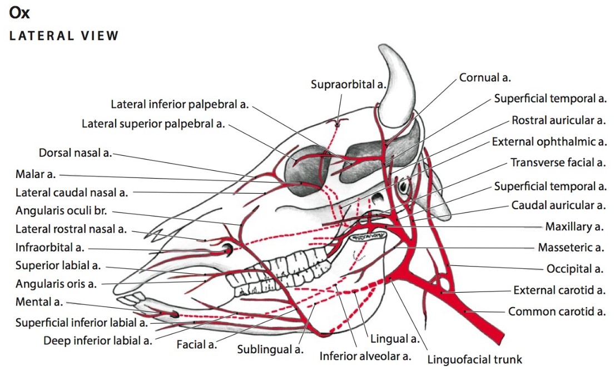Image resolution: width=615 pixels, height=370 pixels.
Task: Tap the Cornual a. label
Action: point(485,78)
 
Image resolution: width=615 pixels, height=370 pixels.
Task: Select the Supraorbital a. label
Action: point(348,84)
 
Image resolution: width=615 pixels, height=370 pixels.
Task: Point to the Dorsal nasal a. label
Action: point(75,152)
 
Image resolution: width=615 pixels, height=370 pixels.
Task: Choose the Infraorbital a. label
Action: point(49,247)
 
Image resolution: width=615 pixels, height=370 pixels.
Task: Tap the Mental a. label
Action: point(39,303)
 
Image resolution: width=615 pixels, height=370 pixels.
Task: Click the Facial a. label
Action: point(196,345)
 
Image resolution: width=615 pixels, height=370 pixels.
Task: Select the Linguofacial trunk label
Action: point(475,359)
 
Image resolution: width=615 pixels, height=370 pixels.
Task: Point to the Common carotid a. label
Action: point(557,312)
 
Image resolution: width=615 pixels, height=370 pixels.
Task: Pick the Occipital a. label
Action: point(574,269)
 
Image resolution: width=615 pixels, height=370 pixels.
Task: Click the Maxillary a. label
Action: point(574,227)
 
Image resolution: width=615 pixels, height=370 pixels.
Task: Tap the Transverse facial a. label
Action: point(558,162)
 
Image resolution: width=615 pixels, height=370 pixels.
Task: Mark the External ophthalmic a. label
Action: point(549,142)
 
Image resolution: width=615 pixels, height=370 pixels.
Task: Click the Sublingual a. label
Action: point(270,349)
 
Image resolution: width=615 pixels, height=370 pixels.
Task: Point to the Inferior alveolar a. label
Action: point(365,356)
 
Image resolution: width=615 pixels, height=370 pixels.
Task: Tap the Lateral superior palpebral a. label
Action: point(153,124)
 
